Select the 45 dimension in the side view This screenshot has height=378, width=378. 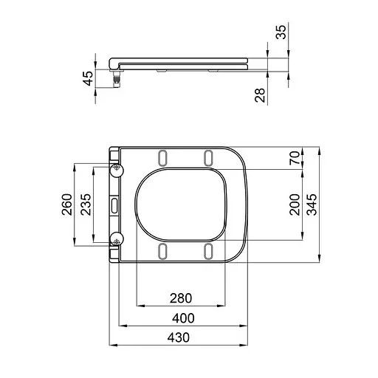click(x=88, y=78)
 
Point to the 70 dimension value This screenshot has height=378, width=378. click(x=295, y=157)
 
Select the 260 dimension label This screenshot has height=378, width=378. click(x=66, y=205)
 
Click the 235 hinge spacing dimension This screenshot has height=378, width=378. click(x=86, y=205)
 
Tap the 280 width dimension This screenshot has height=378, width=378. click(x=181, y=298)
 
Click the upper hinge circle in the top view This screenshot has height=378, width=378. click(x=116, y=170)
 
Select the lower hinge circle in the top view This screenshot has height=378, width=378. click(x=116, y=238)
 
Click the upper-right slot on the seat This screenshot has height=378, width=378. click(x=208, y=157)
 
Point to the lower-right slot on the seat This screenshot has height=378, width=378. click(x=208, y=252)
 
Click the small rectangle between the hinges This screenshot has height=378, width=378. click(x=115, y=205)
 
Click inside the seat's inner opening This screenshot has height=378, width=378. click(x=181, y=205)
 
